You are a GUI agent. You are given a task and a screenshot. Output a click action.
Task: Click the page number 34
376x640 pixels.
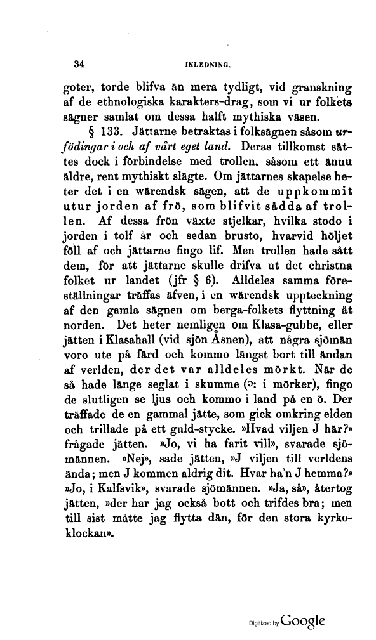[80, 63]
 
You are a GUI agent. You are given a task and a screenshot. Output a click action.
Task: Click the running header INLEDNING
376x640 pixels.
[207, 64]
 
